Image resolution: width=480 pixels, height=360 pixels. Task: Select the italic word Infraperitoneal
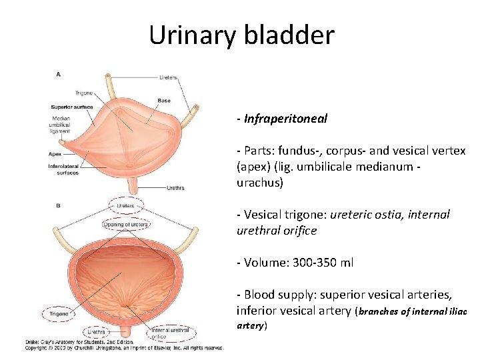286,119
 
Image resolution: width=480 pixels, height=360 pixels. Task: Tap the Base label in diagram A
164,101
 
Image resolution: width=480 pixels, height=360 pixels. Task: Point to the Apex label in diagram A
55,153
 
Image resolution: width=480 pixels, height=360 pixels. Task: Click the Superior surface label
72,107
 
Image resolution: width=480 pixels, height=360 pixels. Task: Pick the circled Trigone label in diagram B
60,312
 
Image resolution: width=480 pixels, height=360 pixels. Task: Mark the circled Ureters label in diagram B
126,206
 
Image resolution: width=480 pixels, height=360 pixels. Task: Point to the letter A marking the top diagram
59,75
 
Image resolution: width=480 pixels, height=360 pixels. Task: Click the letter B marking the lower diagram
59,206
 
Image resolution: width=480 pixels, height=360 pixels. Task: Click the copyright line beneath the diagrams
125,348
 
